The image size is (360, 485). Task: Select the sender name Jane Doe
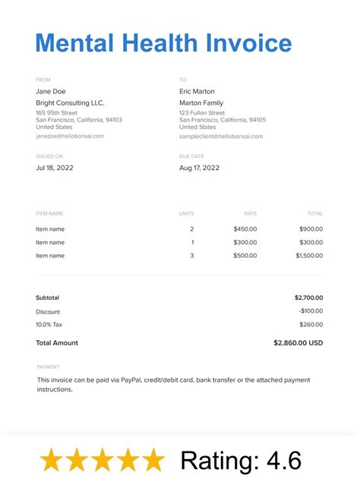pos(51,91)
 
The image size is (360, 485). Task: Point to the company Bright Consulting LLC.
pos(70,102)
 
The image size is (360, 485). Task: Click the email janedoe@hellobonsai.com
pos(70,136)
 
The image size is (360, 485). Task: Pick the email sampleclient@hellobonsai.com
pos(221,136)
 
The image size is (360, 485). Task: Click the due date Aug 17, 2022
pos(199,167)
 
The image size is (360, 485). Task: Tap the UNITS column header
pos(186,213)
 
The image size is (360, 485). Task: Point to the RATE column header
pos(250,213)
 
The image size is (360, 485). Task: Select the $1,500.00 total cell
pos(308,256)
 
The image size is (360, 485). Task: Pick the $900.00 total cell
pos(311,228)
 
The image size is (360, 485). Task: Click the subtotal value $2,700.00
pos(308,298)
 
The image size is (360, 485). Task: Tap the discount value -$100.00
pos(310,311)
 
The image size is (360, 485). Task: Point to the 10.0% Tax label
pos(49,324)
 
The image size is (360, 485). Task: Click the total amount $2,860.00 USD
pos(298,342)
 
